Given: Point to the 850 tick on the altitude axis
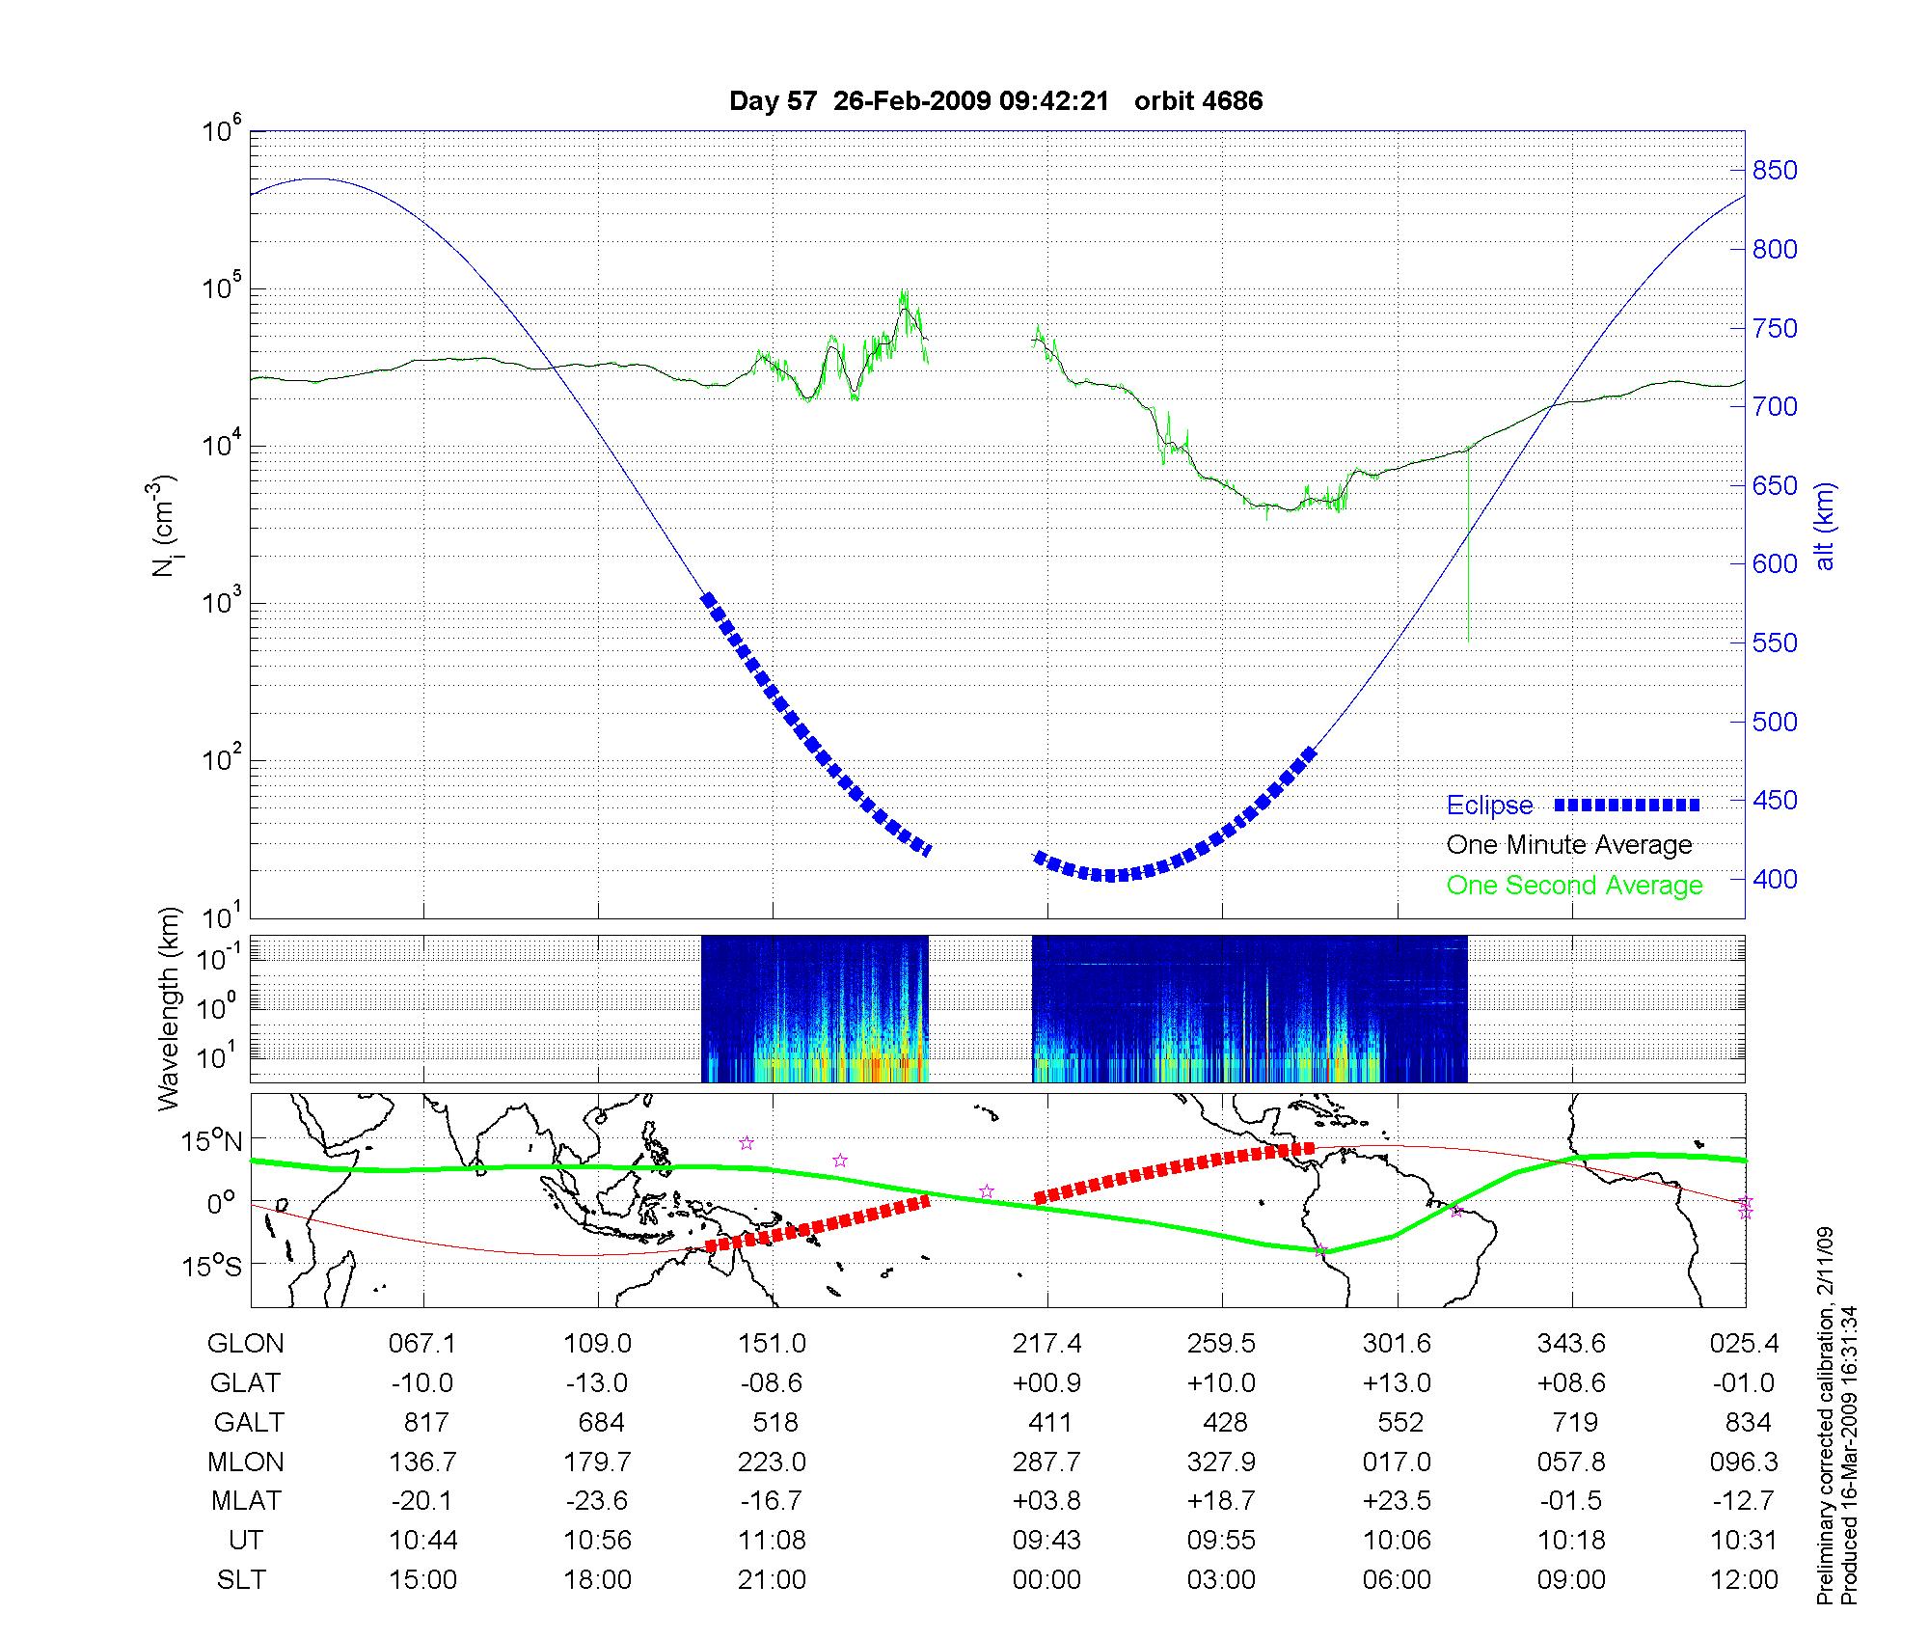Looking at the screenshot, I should (x=1775, y=171).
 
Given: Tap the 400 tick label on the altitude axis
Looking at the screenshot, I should (x=1775, y=879).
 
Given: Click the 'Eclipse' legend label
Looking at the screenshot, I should (x=1489, y=806).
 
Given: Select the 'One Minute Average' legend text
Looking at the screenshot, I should (x=1569, y=845).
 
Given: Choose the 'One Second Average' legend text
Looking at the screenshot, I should (x=1574, y=886).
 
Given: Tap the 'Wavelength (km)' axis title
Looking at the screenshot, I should (x=170, y=1008).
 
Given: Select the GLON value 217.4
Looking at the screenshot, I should (x=1046, y=1344).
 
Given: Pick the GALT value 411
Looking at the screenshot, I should (x=1049, y=1422).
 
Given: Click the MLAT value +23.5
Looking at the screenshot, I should (x=1397, y=1501).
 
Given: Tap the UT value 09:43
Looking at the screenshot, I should (x=1046, y=1541).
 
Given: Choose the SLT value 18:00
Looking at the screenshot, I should (x=598, y=1580).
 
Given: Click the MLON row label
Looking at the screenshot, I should (x=246, y=1462).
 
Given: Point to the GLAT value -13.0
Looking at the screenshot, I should (x=597, y=1383).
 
